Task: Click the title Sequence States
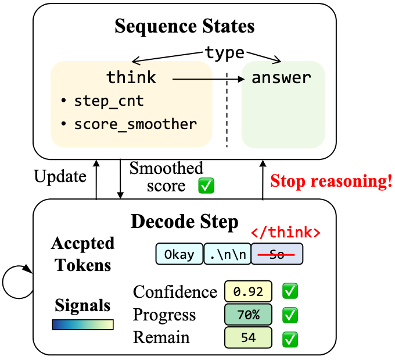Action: coord(184,27)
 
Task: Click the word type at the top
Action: coord(224,53)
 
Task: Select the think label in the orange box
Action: coord(131,77)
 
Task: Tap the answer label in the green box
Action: coord(281,77)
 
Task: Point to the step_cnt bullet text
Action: coord(109,101)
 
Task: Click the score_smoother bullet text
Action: coord(135,124)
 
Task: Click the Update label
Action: coord(60,176)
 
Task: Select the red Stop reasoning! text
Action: coord(331,181)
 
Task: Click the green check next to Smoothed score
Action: coord(206,186)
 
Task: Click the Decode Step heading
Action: coord(184,222)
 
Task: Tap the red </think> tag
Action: coord(285,233)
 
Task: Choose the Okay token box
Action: coord(179,255)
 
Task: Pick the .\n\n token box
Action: coord(227,255)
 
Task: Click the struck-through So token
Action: coord(277,255)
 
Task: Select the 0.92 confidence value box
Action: coord(248,291)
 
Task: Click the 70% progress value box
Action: coord(248,315)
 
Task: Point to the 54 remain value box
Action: coord(248,337)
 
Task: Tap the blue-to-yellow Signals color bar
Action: coord(82,325)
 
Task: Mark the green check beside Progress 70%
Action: coord(289,315)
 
